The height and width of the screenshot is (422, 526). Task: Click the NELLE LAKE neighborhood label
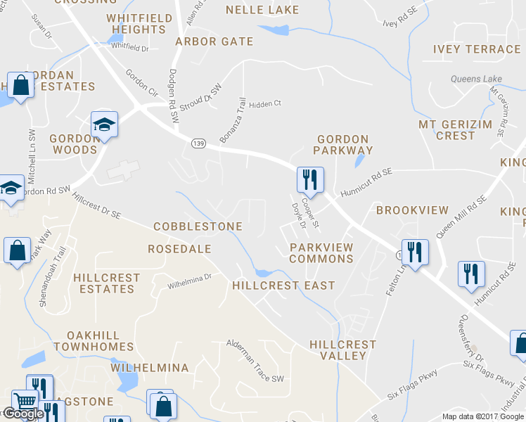click(x=262, y=10)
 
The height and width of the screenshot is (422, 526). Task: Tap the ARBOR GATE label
click(x=214, y=41)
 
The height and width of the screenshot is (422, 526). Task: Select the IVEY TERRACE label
click(x=477, y=49)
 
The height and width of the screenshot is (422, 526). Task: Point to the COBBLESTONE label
click(x=198, y=226)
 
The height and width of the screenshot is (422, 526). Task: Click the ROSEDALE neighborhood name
click(x=179, y=249)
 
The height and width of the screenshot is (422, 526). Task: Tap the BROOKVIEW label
click(x=412, y=210)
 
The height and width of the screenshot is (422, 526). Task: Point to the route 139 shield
click(x=198, y=142)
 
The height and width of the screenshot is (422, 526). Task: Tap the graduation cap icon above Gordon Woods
click(x=104, y=124)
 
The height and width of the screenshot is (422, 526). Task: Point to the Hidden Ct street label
click(x=265, y=103)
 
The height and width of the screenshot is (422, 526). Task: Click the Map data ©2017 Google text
click(x=483, y=416)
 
